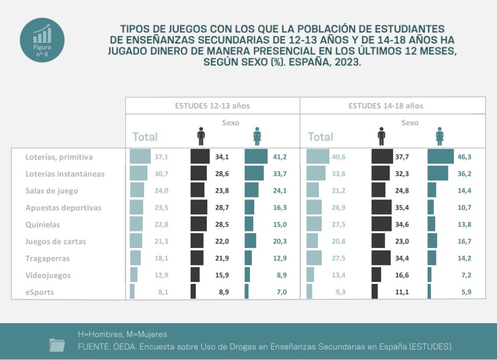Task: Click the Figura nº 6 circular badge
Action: pos(42,40)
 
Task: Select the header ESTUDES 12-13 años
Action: pos(213,106)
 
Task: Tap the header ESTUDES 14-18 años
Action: pos(385,106)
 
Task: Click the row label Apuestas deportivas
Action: pos(63,208)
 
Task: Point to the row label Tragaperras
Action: pos(48,258)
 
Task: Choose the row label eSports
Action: pos(39,292)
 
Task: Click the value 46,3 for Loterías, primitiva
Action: pos(464,157)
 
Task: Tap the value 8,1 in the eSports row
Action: pos(162,292)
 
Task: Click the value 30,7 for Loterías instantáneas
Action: pos(161,174)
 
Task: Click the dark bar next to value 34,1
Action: pos(200,157)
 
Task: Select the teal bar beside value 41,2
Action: pos(256,157)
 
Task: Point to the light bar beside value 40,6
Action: pos(318,157)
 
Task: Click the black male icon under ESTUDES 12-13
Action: pos(201,136)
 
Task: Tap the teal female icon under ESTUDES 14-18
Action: pos(440,136)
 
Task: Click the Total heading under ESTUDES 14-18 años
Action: pos(320,137)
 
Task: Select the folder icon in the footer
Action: pos(57,344)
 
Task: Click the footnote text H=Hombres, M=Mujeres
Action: pos(122,334)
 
